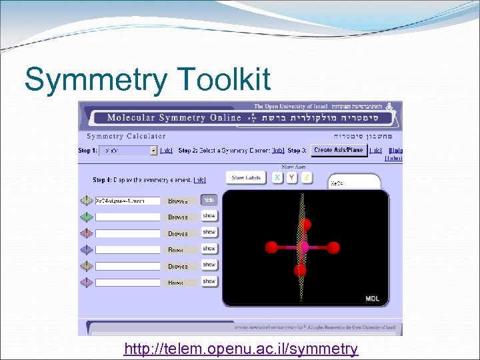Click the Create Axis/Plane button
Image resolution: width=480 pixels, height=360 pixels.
(339, 150)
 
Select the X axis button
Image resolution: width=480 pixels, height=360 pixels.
(275, 177)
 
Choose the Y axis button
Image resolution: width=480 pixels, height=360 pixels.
(291, 177)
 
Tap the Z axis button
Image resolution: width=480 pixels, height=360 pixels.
(306, 177)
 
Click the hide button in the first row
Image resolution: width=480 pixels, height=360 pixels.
(209, 199)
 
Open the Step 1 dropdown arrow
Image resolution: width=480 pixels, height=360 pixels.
(154, 151)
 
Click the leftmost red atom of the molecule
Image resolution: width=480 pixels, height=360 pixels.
(271, 247)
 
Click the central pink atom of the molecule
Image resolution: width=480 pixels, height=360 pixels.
(303, 247)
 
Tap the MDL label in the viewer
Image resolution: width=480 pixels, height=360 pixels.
(372, 299)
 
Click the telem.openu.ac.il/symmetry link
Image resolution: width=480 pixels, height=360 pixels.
(241, 349)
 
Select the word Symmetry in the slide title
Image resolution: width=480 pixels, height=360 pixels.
(96, 80)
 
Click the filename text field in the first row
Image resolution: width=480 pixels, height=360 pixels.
(127, 201)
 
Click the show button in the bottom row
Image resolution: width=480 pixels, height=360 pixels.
(209, 281)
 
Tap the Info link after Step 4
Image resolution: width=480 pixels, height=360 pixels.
(199, 180)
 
